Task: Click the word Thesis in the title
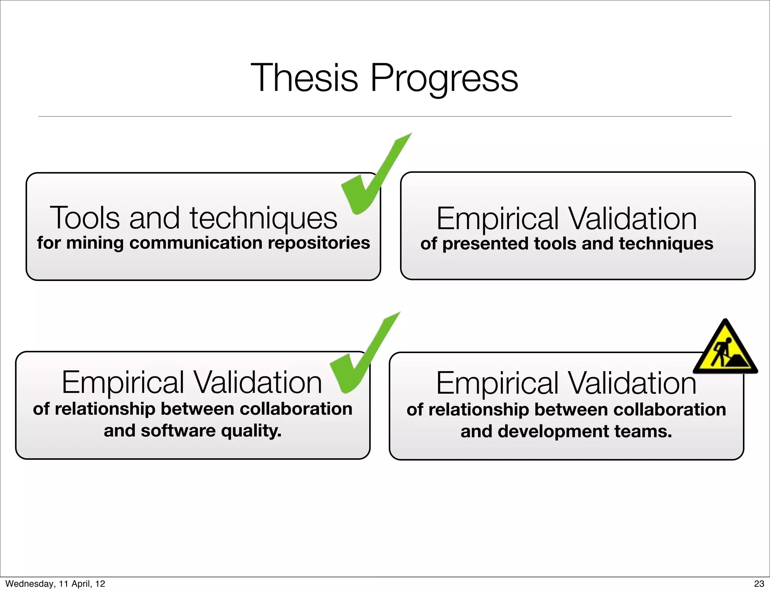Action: pos(304,78)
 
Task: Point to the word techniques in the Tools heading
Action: pos(264,219)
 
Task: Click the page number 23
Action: pos(759,584)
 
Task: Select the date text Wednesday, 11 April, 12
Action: pos(55,584)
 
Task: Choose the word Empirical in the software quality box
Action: pos(123,383)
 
